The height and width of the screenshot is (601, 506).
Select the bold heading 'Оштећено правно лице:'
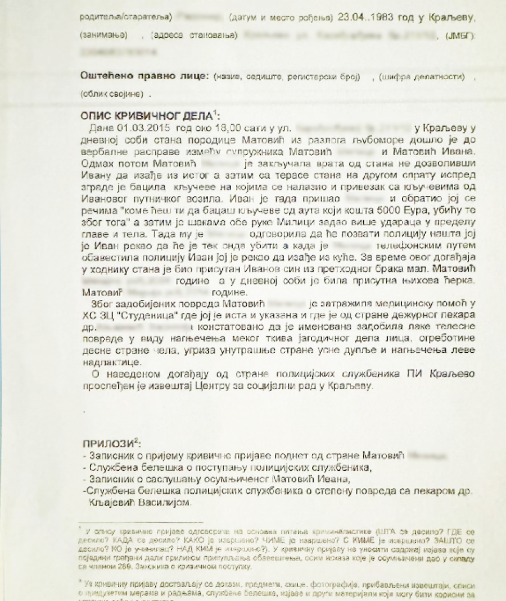pyautogui.click(x=145, y=76)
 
